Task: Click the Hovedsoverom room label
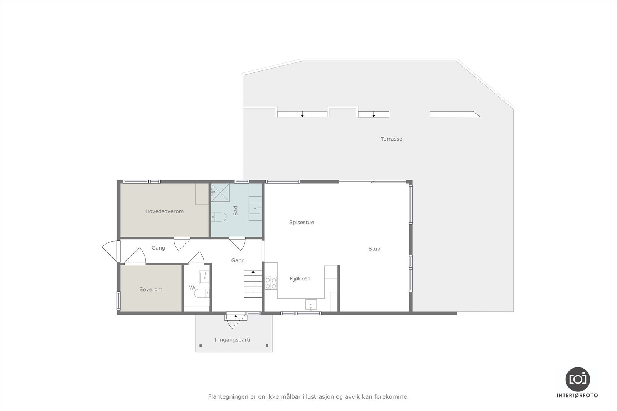[x=164, y=211]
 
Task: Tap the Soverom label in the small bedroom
[x=151, y=289]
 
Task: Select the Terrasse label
[x=391, y=139]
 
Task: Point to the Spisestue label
[x=302, y=222]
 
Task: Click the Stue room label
[x=374, y=249]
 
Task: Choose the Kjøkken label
[x=300, y=278]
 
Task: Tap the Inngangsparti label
[x=232, y=339]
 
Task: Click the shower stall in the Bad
[x=220, y=193]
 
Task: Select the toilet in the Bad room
[x=218, y=218]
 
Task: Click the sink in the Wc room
[x=204, y=277]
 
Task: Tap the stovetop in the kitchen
[x=271, y=283]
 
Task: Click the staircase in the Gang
[x=253, y=284]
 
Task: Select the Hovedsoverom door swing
[x=182, y=243]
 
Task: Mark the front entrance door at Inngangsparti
[x=236, y=319]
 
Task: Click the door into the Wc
[x=196, y=258]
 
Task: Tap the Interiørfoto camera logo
[x=577, y=379]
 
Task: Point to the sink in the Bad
[x=255, y=208]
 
